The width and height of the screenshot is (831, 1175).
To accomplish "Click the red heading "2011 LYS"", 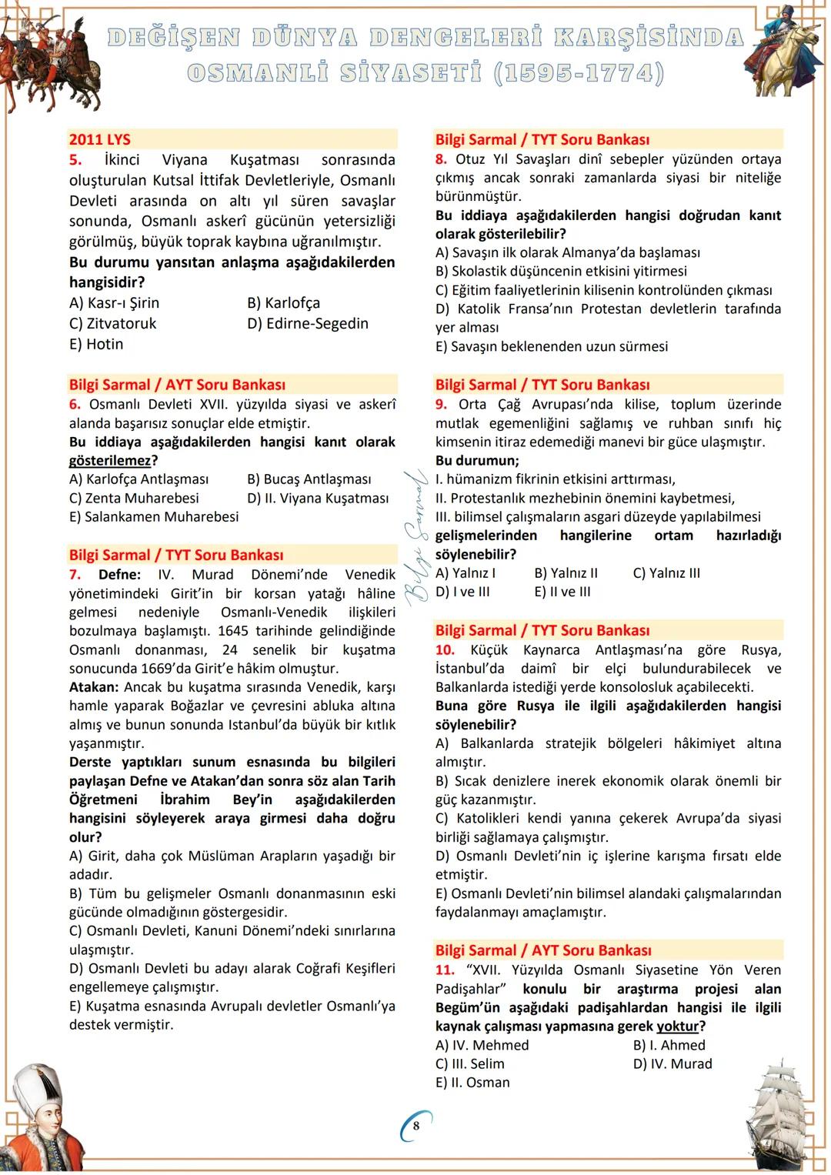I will (99, 139).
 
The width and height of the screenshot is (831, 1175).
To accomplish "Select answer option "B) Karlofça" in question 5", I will (283, 303).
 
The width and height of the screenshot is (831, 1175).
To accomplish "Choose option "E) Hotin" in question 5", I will (96, 344).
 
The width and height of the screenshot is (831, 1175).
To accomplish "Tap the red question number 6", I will (75, 405).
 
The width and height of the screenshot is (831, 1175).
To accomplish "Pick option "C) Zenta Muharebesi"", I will (134, 499).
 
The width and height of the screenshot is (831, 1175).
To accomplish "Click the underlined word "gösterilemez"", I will (109, 461).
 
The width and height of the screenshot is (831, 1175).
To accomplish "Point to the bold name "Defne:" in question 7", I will (119, 575).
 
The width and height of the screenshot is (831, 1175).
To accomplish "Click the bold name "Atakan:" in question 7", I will (94, 687).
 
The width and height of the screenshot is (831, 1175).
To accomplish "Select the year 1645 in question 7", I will (235, 631).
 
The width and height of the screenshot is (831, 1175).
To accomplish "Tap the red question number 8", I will (441, 159).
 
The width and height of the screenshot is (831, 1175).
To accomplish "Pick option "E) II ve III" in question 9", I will (562, 593).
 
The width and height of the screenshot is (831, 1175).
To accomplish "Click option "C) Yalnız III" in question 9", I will (666, 573).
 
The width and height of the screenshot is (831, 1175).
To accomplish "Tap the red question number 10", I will (445, 650).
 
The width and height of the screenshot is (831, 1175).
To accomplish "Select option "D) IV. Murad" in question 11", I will (672, 1064).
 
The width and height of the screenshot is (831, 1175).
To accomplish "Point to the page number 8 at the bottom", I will (416, 1127).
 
